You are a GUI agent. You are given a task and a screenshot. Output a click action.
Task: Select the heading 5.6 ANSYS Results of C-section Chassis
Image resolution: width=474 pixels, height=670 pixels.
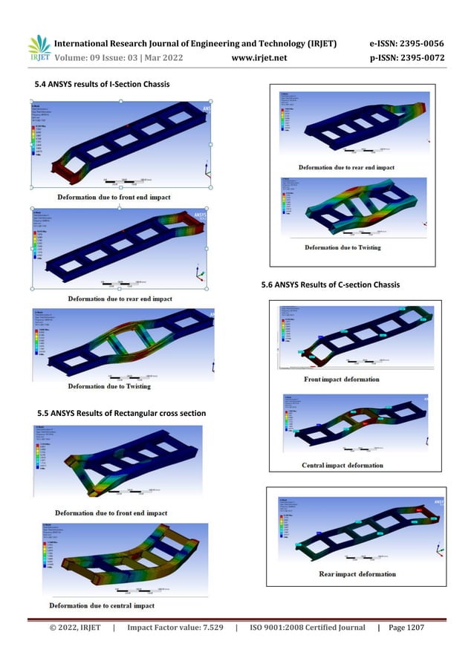click(330, 285)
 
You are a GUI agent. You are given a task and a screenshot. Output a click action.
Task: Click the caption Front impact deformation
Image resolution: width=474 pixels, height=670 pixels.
click(341, 380)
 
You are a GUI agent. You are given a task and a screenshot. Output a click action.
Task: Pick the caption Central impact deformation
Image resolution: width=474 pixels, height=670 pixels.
click(342, 465)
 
